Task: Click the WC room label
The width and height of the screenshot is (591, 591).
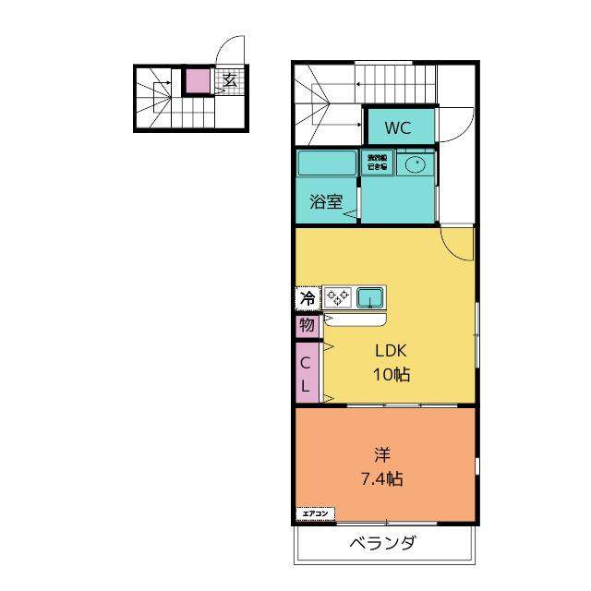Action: coord(399,127)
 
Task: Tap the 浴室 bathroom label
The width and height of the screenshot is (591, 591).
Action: coord(325,200)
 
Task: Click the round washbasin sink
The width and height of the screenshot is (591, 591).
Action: coord(416,165)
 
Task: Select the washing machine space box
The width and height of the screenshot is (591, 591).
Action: coord(377,163)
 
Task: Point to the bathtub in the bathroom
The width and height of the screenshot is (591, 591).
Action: coord(327,163)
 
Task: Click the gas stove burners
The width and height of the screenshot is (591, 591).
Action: coord(338,297)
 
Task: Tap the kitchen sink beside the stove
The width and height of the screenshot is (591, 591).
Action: coord(370,297)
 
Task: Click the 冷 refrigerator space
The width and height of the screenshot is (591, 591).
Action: coord(308,298)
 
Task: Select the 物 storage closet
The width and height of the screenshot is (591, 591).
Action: coord(307,325)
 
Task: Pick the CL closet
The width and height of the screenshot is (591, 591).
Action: coord(307,372)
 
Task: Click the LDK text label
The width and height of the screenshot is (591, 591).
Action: coord(391,351)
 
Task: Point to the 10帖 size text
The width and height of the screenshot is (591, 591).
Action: coord(391,375)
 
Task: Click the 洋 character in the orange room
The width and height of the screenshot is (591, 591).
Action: coord(381,454)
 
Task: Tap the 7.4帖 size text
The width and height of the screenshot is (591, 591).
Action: coord(381,479)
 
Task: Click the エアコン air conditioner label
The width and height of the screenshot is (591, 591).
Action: coord(315,513)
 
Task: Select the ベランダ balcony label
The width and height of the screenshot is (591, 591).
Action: coord(381,543)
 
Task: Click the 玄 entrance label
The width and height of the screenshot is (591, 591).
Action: coord(229,80)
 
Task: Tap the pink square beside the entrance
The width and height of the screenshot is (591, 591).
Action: coord(197,81)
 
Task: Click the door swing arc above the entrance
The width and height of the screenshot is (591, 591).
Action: coord(229,48)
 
